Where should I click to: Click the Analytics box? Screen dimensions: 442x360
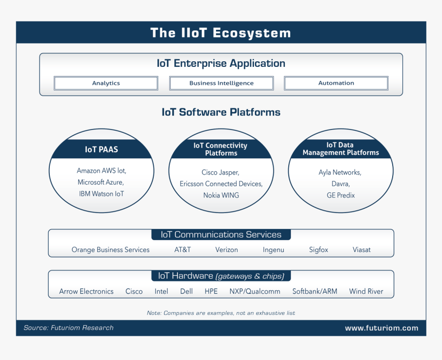click(x=106, y=83)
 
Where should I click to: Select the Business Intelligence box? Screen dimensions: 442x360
click(x=222, y=83)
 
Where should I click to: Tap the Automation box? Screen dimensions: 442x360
click(x=336, y=83)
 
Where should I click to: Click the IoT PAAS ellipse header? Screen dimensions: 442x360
click(x=101, y=149)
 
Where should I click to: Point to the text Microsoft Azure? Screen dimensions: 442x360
click(x=101, y=182)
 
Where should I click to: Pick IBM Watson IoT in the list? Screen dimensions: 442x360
click(x=101, y=194)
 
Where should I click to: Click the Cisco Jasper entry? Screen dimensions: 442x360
click(x=220, y=172)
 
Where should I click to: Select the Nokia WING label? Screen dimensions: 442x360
click(x=221, y=195)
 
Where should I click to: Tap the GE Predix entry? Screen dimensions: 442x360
click(x=341, y=195)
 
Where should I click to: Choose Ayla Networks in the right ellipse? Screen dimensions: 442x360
click(x=340, y=172)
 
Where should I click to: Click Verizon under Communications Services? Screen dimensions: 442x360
click(x=227, y=250)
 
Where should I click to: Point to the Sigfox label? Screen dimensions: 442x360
click(x=319, y=250)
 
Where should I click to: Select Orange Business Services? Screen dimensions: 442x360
click(x=110, y=250)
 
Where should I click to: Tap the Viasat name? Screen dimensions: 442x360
click(x=362, y=250)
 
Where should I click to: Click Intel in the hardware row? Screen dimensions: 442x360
click(x=161, y=291)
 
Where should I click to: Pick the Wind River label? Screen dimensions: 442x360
click(x=366, y=291)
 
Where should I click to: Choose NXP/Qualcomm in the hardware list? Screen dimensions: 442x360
click(x=255, y=291)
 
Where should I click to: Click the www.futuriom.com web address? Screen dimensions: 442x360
click(x=382, y=328)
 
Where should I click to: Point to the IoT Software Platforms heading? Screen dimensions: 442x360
click(x=221, y=112)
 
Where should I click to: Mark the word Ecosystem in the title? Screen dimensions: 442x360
click(x=252, y=33)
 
